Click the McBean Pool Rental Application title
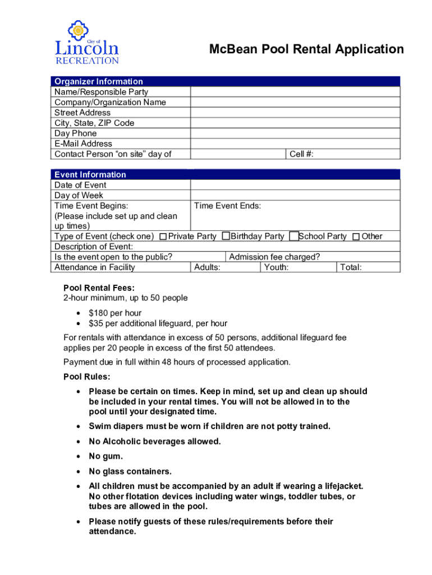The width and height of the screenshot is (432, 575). [306, 49]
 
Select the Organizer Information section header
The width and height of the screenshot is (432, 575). [99, 81]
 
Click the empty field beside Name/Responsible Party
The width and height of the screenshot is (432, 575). [295, 92]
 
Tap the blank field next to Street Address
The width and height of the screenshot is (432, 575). [295, 112]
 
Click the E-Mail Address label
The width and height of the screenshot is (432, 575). [83, 144]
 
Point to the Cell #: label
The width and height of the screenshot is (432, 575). [301, 154]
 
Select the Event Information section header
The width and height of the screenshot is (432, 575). [90, 175]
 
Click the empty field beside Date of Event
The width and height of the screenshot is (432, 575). [295, 185]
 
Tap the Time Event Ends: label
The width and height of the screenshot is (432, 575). [227, 206]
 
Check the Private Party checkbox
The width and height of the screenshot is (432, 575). [163, 237]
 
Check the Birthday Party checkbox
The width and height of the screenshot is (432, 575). [226, 236]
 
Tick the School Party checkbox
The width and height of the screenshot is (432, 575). [293, 236]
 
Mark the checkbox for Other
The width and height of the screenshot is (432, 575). [356, 237]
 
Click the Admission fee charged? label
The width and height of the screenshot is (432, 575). [275, 257]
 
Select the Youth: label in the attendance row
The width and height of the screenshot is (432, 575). [276, 267]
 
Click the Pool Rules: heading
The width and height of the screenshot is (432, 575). [87, 376]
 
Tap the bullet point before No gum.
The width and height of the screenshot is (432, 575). [79, 457]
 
